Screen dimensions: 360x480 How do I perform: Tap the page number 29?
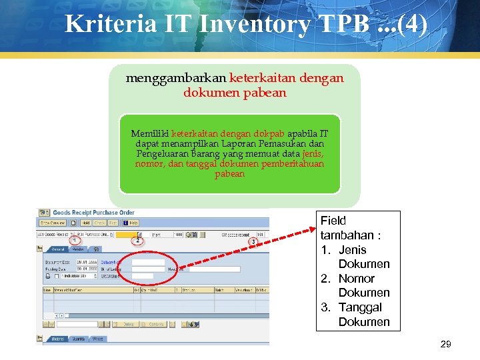[446, 345]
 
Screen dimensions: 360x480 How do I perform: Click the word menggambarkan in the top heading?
[176, 78]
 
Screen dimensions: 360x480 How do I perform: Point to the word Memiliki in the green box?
[150, 133]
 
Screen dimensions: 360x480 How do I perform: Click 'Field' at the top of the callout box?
[333, 221]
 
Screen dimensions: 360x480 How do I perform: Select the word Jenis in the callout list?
[353, 250]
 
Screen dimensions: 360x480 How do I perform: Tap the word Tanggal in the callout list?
[360, 307]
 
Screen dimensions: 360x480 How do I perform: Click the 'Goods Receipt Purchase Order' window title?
[93, 213]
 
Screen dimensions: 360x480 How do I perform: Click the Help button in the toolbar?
[131, 223]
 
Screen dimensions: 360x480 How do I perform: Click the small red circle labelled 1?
[75, 240]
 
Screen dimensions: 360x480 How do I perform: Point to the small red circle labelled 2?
[138, 240]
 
